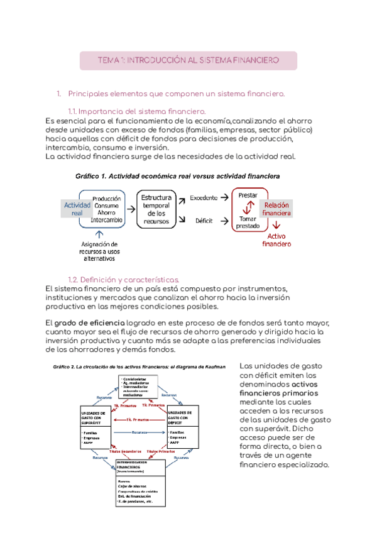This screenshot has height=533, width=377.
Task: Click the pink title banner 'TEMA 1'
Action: [188, 60]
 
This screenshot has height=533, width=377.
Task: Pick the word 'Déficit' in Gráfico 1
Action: [203, 221]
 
